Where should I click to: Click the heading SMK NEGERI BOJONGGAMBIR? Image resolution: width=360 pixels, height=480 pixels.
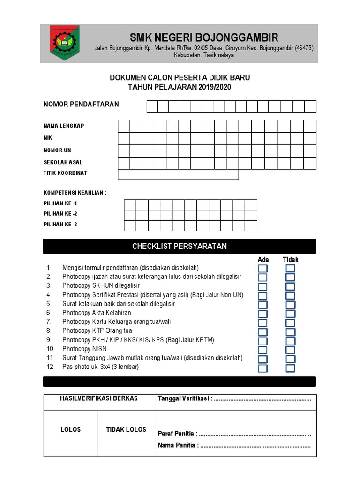[204, 37]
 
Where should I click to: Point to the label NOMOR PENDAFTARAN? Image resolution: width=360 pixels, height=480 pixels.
[81, 104]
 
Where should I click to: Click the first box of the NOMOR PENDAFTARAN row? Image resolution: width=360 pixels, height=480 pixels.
[152, 106]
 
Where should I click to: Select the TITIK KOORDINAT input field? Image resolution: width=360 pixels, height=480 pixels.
[178, 174]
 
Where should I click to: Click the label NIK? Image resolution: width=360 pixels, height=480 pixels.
[48, 138]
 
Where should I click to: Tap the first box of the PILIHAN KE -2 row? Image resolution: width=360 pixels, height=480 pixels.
[130, 215]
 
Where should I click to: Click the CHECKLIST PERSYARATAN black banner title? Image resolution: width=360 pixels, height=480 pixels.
[180, 246]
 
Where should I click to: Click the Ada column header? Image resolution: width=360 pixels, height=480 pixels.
[263, 260]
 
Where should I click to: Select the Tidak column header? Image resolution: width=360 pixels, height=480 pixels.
[290, 260]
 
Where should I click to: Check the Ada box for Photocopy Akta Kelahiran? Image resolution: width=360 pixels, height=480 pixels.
[263, 314]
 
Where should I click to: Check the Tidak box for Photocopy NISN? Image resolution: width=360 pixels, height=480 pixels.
[291, 350]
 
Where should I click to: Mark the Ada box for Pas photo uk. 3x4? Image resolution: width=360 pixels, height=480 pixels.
[263, 368]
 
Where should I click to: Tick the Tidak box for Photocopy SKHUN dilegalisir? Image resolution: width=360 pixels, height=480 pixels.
[291, 286]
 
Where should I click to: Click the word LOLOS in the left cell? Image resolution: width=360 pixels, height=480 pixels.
[71, 429]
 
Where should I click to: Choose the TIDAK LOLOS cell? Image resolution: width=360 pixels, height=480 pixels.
[126, 429]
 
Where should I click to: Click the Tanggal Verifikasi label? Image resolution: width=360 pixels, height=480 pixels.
[185, 399]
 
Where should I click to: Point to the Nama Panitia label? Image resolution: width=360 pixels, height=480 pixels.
[178, 445]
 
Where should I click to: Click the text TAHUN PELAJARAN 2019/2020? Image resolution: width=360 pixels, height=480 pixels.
[180, 87]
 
